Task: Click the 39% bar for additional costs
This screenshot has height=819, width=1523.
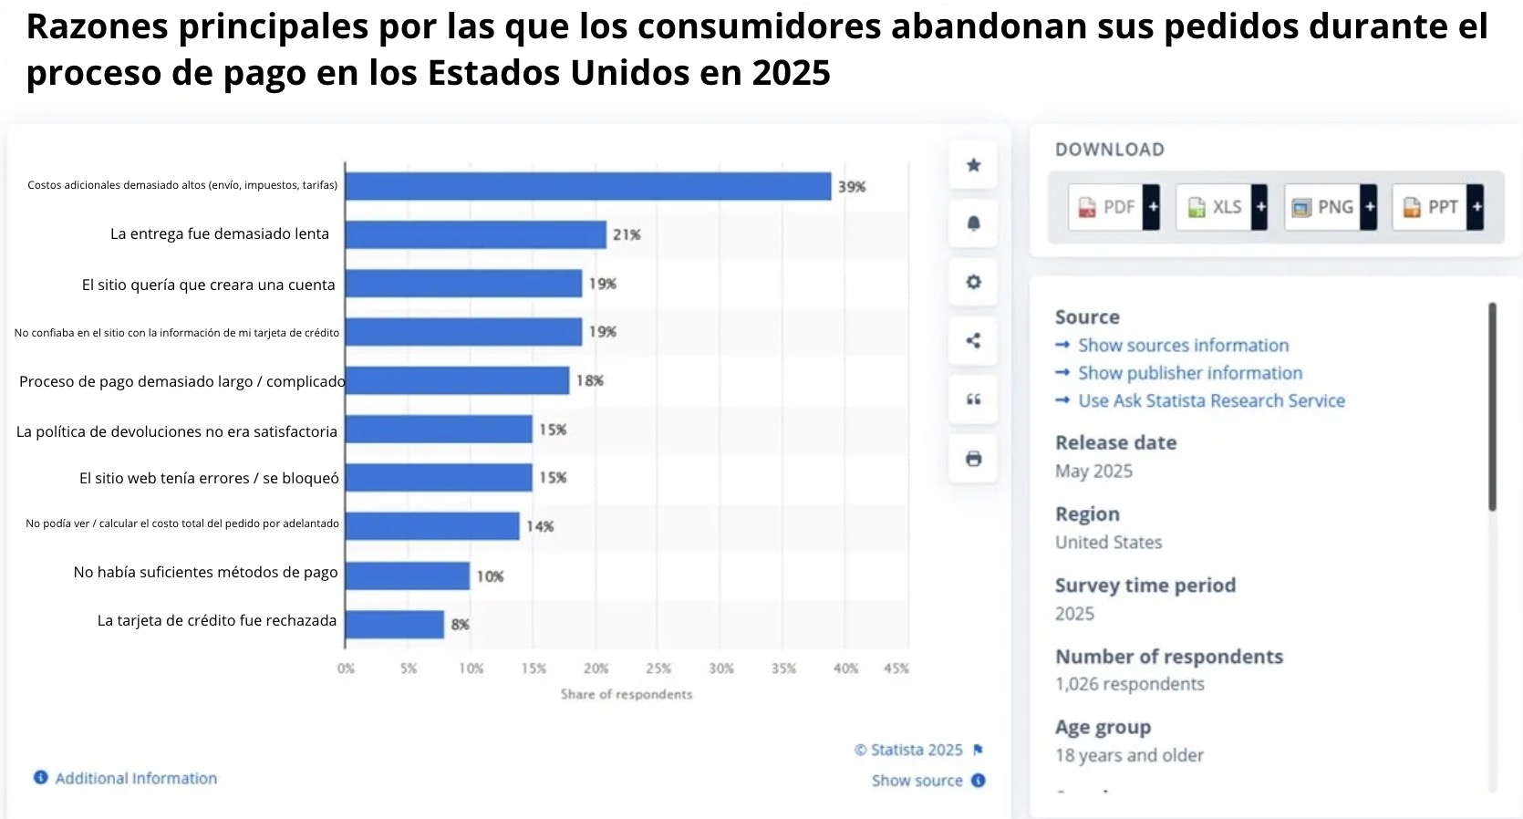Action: click(587, 186)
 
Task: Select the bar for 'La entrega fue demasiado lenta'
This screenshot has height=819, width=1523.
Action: click(475, 234)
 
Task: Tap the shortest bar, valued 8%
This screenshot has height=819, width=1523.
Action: click(394, 625)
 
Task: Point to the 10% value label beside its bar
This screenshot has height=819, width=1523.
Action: click(490, 576)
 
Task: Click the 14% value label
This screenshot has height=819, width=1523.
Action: click(540, 526)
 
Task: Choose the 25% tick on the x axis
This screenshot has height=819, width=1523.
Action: click(658, 669)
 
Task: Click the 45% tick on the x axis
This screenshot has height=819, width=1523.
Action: click(896, 669)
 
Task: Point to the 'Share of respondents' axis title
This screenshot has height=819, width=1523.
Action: click(627, 694)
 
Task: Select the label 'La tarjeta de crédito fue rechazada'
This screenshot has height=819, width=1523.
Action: click(217, 620)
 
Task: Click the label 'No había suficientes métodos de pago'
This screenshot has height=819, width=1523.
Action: click(205, 572)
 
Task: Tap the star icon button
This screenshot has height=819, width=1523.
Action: click(973, 165)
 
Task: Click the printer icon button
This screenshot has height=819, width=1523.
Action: click(973, 459)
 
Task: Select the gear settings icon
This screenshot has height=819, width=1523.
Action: click(973, 282)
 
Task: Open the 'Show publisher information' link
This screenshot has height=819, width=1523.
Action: click(1189, 373)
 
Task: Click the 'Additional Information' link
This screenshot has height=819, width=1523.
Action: click(135, 778)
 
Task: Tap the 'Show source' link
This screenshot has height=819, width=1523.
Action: click(917, 781)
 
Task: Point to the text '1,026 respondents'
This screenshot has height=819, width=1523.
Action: click(1129, 684)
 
